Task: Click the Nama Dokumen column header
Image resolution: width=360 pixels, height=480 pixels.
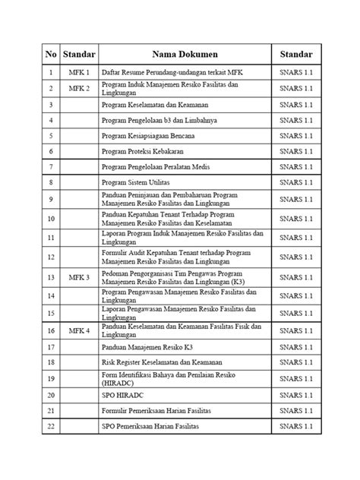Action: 184,55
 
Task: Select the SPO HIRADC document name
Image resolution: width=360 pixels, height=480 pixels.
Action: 122,396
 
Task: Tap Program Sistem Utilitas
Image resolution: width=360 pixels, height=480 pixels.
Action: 137,183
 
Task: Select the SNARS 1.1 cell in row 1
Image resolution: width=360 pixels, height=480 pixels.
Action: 295,72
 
